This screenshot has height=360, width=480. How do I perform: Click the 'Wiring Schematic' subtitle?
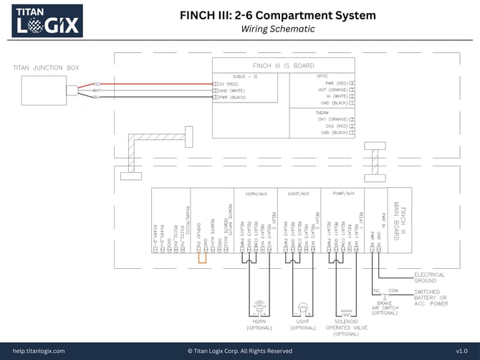pos(278,29)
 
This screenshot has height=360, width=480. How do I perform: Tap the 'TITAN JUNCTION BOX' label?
pos(44,68)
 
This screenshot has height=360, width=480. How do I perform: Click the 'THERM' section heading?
pos(322,112)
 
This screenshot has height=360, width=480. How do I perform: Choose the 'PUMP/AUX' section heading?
pos(342,194)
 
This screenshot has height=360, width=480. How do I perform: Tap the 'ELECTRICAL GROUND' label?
pos(430,278)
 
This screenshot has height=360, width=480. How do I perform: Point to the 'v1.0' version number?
pos(461,351)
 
